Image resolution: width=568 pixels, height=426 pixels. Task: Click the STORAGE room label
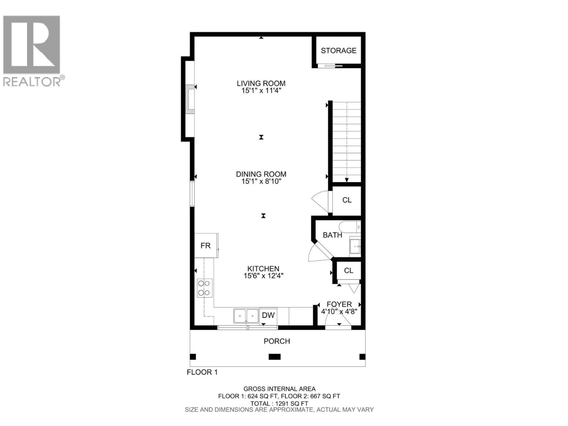338,51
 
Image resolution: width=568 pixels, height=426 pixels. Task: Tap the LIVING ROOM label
261,83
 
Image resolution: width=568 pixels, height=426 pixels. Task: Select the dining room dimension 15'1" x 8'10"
261,181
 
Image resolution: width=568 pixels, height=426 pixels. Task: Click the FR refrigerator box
206,246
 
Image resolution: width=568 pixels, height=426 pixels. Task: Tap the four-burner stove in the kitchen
205,288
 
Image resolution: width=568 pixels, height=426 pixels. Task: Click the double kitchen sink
246,316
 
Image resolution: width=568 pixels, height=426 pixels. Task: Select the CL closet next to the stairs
347,200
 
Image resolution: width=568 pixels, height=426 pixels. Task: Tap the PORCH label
277,341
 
